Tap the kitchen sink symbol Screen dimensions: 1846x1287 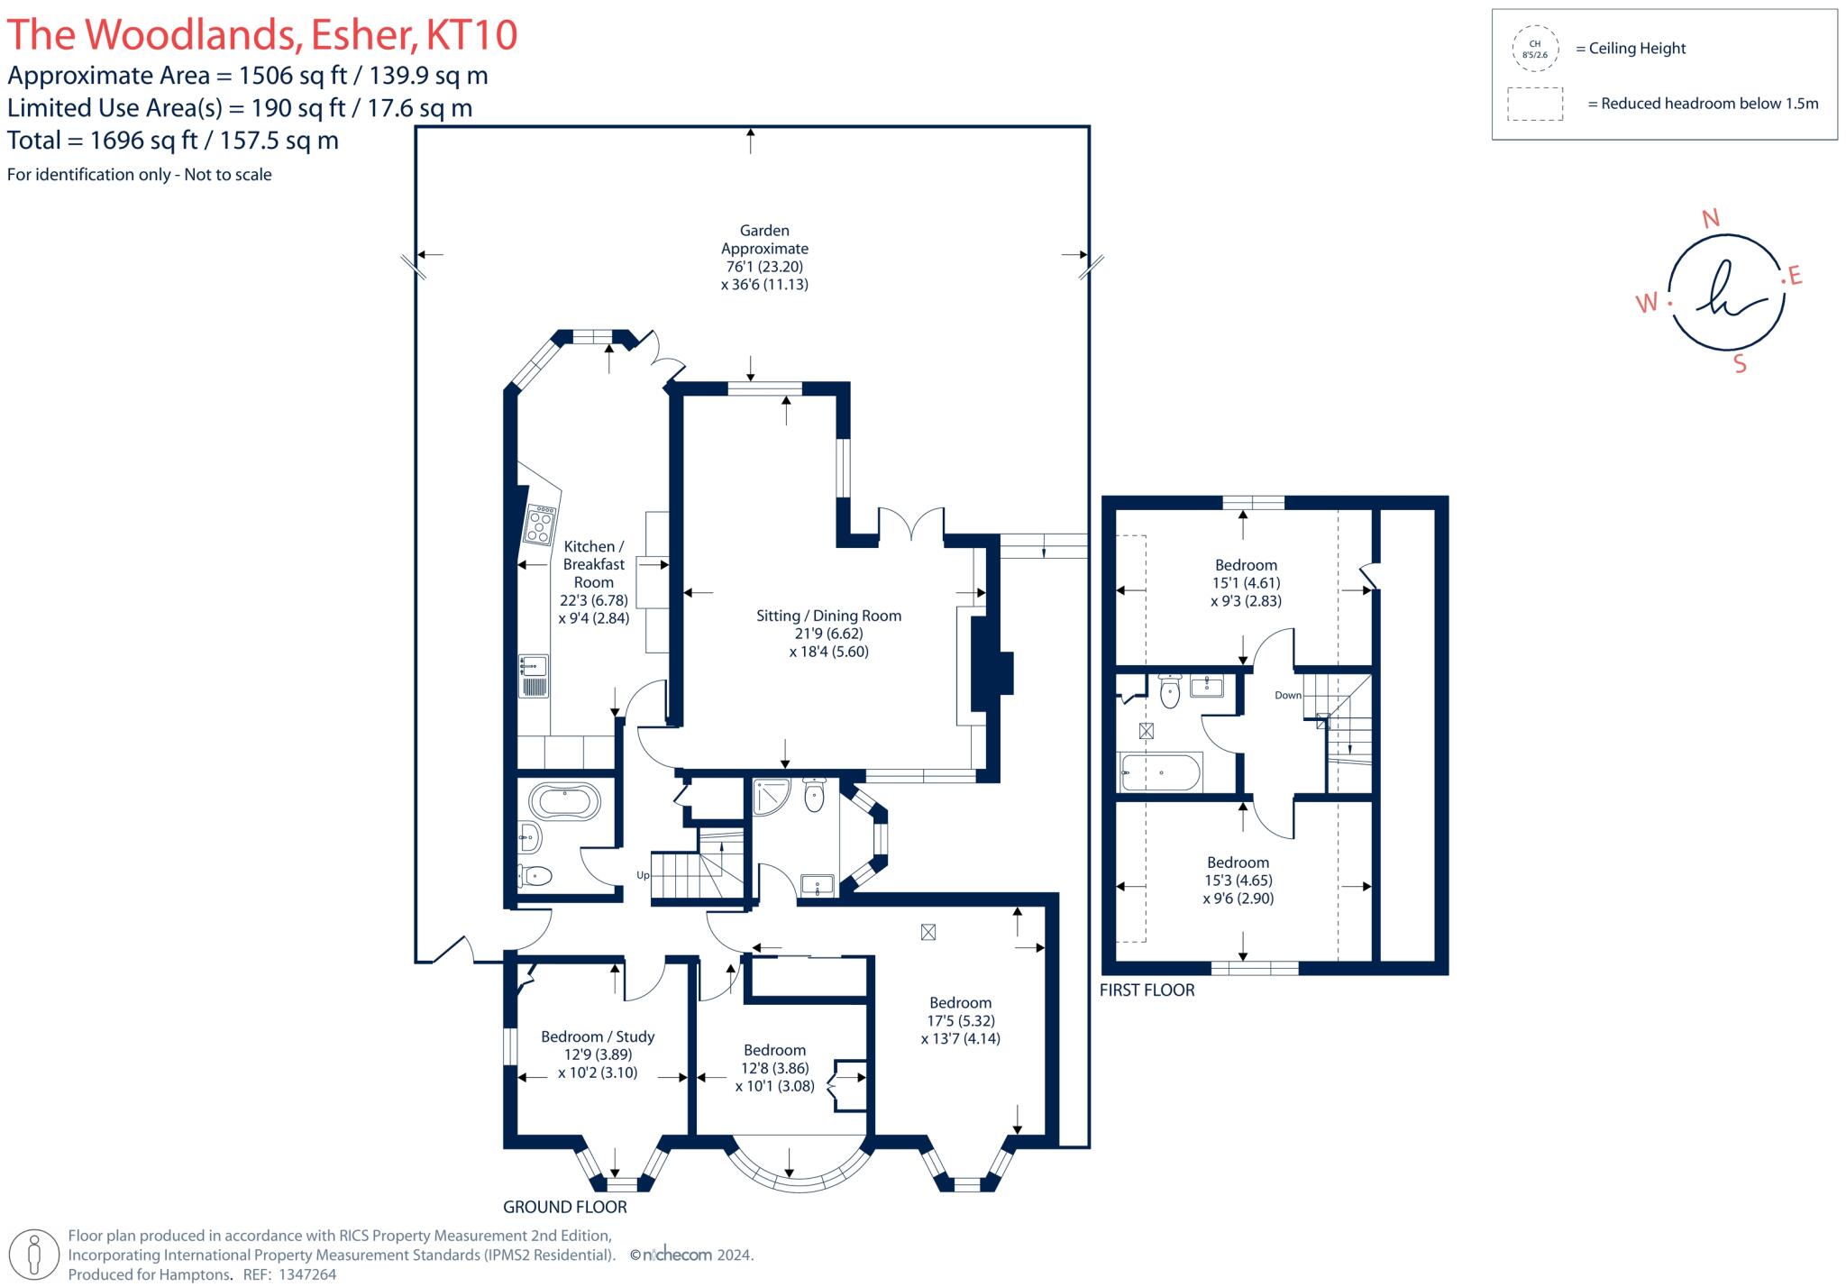(x=534, y=676)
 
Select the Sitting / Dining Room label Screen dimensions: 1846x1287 (x=828, y=616)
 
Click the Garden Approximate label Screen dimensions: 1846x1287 (x=765, y=240)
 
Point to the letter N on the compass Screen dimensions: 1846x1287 (x=1710, y=218)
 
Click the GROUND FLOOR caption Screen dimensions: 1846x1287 (x=565, y=1207)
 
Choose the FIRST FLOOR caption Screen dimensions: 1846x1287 (x=1147, y=990)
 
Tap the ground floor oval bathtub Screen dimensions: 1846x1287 (x=564, y=801)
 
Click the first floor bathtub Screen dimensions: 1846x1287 (x=1159, y=772)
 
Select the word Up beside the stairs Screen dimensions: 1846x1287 (x=643, y=875)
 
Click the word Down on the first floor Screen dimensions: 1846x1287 (x=1288, y=695)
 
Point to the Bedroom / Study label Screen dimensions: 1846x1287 (x=598, y=1036)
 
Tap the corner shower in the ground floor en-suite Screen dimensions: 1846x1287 (x=772, y=796)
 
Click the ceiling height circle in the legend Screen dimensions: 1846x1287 (x=1535, y=49)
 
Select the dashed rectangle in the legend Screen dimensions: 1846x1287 (x=1535, y=104)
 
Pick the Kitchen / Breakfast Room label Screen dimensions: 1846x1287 (x=594, y=564)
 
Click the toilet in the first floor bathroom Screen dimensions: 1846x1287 (x=1170, y=691)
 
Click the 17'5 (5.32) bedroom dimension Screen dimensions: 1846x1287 (x=961, y=1020)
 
